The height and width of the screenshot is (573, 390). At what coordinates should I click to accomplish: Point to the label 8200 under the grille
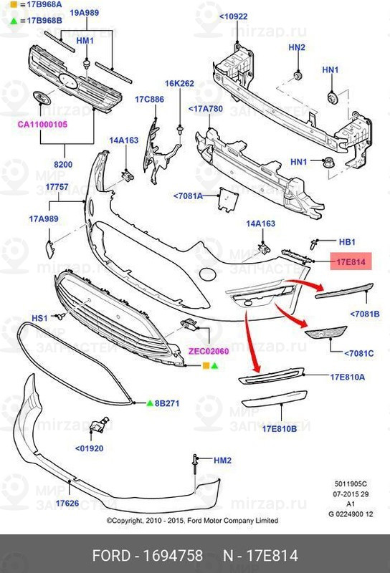(x=64, y=165)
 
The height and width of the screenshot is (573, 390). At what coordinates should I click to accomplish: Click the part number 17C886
(x=150, y=99)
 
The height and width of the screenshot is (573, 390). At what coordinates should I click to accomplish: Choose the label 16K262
(x=179, y=84)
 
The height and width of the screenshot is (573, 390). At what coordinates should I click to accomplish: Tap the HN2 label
(x=297, y=47)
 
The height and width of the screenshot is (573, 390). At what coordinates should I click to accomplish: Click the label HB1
(x=347, y=242)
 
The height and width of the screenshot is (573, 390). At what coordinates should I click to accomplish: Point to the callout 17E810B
(x=279, y=428)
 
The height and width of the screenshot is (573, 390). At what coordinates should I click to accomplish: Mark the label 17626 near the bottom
(x=68, y=504)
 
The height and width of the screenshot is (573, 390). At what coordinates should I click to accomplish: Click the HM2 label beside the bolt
(x=223, y=461)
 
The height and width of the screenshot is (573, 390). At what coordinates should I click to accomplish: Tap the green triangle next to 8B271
(x=150, y=404)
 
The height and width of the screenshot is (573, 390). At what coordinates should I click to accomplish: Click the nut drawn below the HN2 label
(x=297, y=74)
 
